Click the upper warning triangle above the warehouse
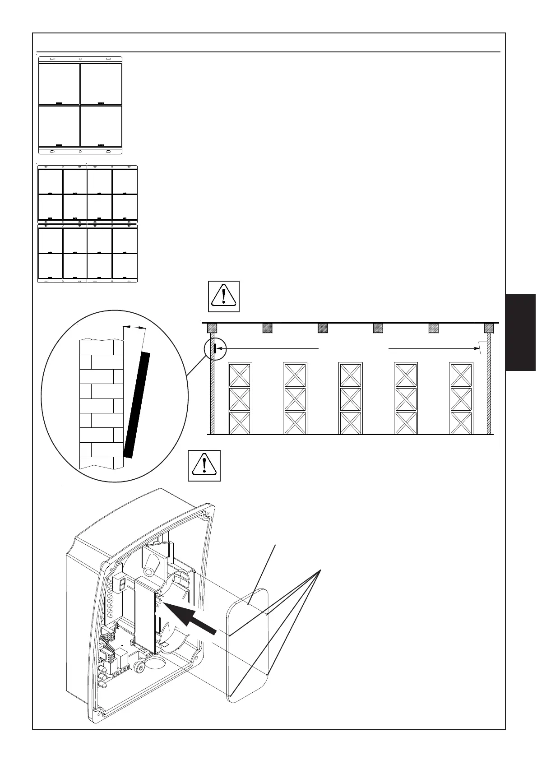(223, 296)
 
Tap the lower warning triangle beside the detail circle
(204, 465)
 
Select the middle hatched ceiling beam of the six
(323, 328)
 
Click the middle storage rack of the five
(351, 398)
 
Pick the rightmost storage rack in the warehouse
(461, 398)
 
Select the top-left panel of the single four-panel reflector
(60, 84)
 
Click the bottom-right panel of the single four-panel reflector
(101, 126)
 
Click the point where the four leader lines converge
(320, 571)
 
